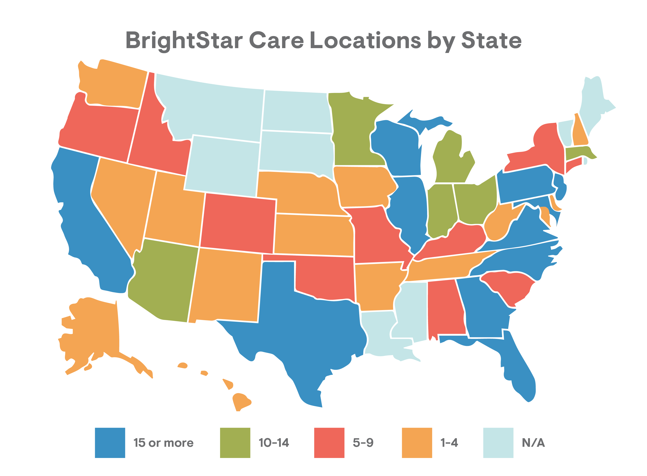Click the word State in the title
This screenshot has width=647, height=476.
[x=491, y=40]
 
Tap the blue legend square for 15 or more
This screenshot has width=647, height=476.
[x=110, y=443]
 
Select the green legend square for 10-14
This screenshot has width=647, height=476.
[x=235, y=443]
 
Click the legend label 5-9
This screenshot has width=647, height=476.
[x=363, y=443]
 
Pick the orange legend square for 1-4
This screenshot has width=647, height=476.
[x=417, y=443]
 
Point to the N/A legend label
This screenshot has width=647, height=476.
[x=533, y=443]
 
